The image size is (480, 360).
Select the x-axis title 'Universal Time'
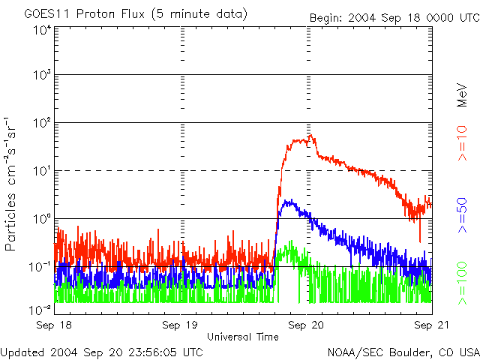coord(242,337)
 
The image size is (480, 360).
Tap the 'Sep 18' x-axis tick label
coord(54,325)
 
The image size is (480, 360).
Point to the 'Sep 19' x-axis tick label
coord(181,325)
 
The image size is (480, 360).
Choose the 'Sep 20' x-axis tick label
coord(307,325)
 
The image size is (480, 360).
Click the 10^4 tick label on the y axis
coord(42,29)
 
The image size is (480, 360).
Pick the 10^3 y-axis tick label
coord(42,76)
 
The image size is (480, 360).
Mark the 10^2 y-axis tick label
coord(42,124)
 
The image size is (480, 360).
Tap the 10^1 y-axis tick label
coord(42,172)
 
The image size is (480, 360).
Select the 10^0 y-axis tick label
coord(42,219)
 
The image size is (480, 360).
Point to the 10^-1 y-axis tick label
coord(42,267)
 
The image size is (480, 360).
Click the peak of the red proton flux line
coord(310,136)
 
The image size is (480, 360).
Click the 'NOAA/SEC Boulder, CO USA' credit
coord(403,351)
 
